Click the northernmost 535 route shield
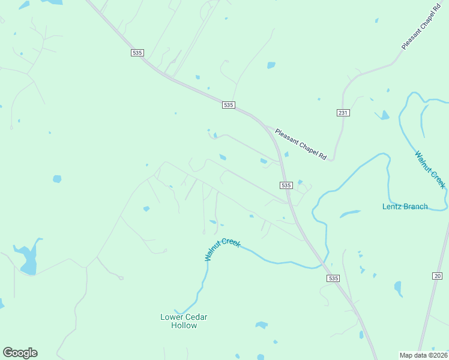pos(137,53)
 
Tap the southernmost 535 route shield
pos(334,278)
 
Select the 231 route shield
pos(343,113)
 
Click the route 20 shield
pos(436,275)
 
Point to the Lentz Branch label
pos(405,206)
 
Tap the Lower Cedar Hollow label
pos(184,321)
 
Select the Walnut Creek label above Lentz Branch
pos(430,169)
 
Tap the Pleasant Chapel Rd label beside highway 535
pos(300,144)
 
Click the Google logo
pos(20,353)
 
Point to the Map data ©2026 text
pos(423,355)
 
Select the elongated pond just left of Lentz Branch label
pos(349,213)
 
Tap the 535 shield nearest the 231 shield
pos(228,105)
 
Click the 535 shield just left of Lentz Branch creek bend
pos(286,185)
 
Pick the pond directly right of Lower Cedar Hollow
pos(261,325)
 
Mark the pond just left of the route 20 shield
pos(398,289)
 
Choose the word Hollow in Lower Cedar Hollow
pos(184,325)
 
